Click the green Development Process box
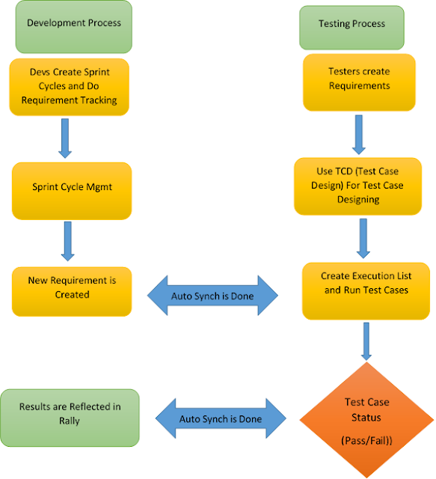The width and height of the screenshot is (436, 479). click(x=74, y=24)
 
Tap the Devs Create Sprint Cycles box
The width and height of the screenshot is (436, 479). click(x=70, y=85)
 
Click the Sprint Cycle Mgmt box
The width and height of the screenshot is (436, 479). click(x=72, y=187)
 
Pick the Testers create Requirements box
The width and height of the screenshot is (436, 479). click(x=359, y=79)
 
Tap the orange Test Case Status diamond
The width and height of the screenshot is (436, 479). click(x=366, y=417)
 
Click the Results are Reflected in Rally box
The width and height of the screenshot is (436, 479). click(x=70, y=413)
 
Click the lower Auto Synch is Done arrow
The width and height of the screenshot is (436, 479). click(x=220, y=419)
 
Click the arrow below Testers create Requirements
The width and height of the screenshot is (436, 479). click(x=359, y=132)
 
